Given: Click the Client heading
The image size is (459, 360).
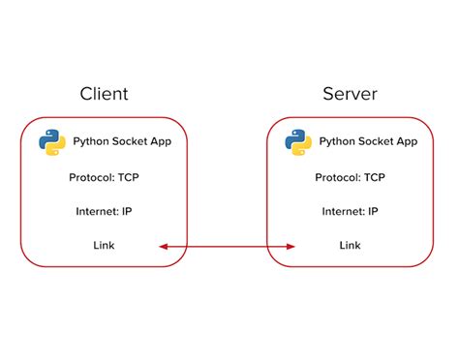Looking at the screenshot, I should (x=104, y=94).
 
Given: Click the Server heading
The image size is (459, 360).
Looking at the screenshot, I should (x=349, y=94).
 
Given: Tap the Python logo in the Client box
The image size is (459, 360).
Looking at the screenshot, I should (x=52, y=141).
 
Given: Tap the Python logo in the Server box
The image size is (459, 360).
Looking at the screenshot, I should (x=297, y=141).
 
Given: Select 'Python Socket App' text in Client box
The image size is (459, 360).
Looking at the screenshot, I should (x=123, y=141).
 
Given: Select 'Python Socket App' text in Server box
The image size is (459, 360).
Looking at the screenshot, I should (x=368, y=141).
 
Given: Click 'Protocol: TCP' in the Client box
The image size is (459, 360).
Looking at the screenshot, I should (x=105, y=177).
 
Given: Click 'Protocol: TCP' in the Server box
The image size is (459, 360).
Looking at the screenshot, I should (x=350, y=177).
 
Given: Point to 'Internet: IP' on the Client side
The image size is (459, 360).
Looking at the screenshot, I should (x=105, y=211).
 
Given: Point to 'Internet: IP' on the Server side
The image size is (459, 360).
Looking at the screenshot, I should (x=350, y=211).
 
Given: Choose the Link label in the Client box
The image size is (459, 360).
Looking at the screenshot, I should (x=104, y=246).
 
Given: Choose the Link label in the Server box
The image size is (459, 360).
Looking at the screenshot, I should (x=350, y=246).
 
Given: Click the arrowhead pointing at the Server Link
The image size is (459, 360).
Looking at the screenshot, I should (x=290, y=247).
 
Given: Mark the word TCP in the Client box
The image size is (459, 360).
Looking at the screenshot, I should (x=128, y=177).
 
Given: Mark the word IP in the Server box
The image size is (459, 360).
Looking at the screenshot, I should (x=373, y=211).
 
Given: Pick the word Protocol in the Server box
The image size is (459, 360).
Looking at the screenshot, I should (x=336, y=177).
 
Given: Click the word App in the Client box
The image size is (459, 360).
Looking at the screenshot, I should (x=161, y=141).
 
